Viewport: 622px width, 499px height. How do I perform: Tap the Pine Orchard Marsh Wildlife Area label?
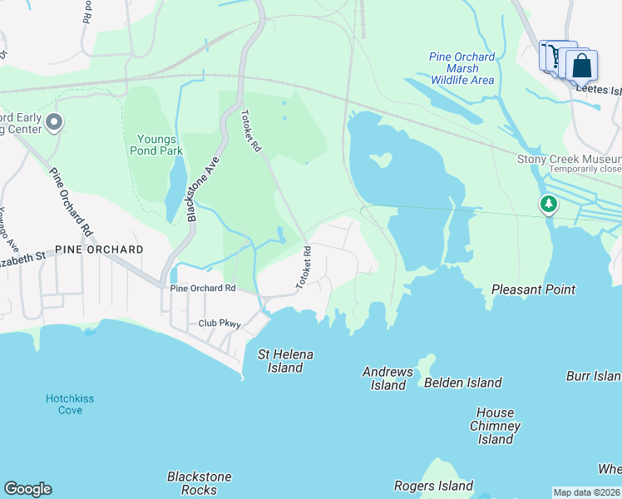click(462, 68)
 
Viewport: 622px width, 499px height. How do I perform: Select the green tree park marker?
click(548, 204)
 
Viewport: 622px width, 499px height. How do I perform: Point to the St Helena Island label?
click(285, 361)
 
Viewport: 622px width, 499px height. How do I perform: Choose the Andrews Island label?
click(388, 378)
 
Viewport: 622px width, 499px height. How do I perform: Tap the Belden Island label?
click(462, 383)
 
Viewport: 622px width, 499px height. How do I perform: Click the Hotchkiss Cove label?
click(70, 404)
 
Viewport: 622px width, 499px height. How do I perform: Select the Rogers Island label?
click(433, 486)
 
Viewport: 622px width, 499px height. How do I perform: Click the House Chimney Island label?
click(495, 426)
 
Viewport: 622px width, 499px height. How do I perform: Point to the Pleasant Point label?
click(533, 289)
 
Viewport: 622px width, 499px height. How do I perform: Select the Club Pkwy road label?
click(219, 324)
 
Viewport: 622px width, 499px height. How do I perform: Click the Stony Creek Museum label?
click(569, 159)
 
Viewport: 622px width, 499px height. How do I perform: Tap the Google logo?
click(27, 489)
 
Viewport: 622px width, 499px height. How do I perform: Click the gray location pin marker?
click(55, 123)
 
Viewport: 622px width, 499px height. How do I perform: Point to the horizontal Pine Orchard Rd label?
click(203, 289)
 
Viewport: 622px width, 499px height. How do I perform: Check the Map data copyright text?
click(587, 492)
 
